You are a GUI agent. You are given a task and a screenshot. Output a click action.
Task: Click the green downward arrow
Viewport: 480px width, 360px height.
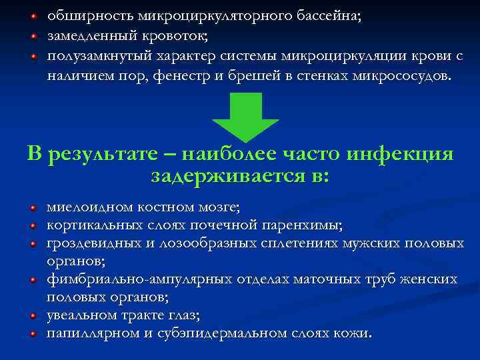tap(245, 115)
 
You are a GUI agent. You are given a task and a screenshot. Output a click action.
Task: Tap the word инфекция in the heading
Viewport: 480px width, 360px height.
tap(400, 154)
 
